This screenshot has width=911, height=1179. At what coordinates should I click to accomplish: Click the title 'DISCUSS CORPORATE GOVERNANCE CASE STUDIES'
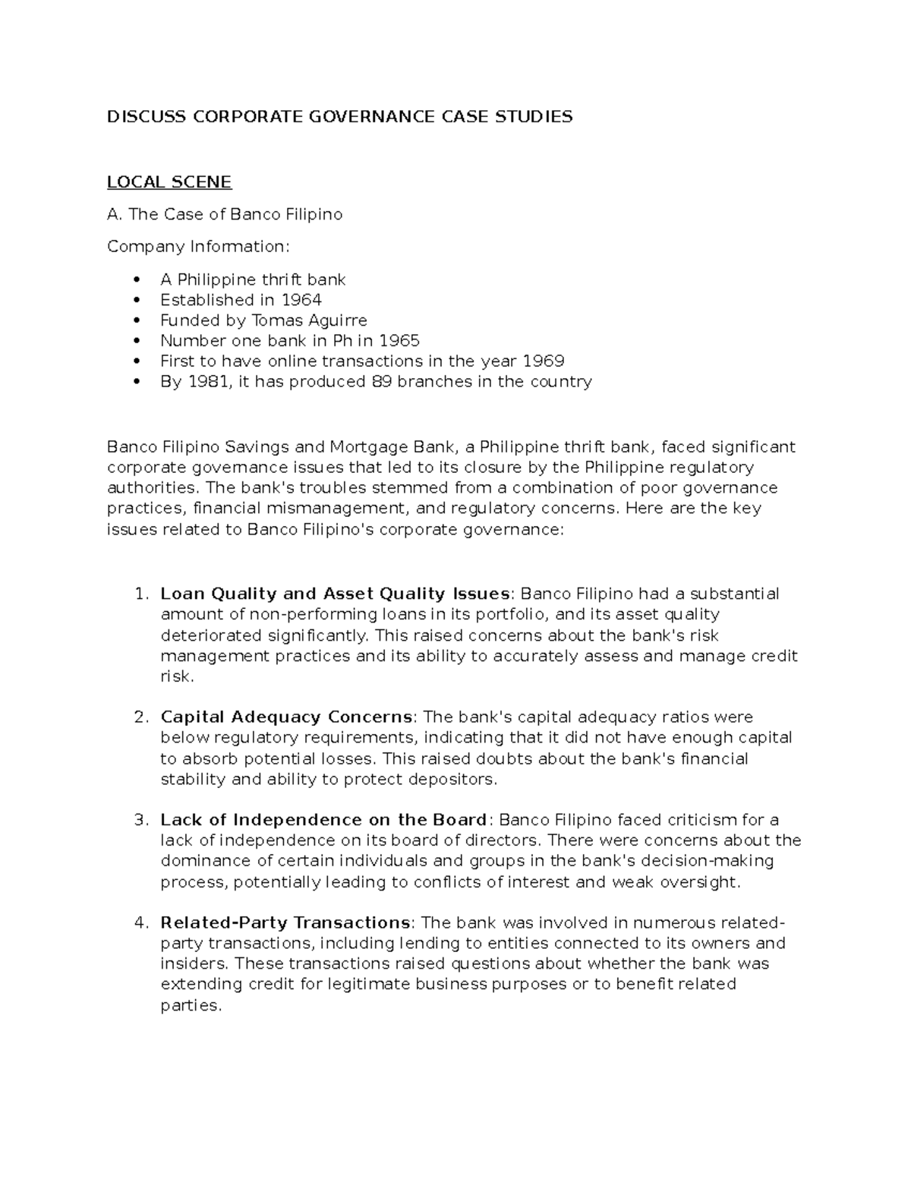[339, 116]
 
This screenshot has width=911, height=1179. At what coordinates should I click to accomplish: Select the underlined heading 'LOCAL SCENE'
[169, 182]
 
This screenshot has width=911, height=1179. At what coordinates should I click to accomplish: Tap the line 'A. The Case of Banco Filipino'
[225, 215]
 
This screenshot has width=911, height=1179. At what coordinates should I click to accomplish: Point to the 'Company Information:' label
[198, 247]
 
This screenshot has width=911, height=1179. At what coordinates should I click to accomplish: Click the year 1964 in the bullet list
[301, 300]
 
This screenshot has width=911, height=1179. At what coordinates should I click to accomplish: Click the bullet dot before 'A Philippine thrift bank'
[137, 280]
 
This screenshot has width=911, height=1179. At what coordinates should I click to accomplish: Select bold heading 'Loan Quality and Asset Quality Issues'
[335, 594]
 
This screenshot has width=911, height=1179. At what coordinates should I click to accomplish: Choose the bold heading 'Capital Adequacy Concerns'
[287, 717]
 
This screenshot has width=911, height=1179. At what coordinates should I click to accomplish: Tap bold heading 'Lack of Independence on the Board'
[323, 820]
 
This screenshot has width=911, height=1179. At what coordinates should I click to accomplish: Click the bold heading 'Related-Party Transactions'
[285, 923]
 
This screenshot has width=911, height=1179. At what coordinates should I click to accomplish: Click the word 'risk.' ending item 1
[178, 676]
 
